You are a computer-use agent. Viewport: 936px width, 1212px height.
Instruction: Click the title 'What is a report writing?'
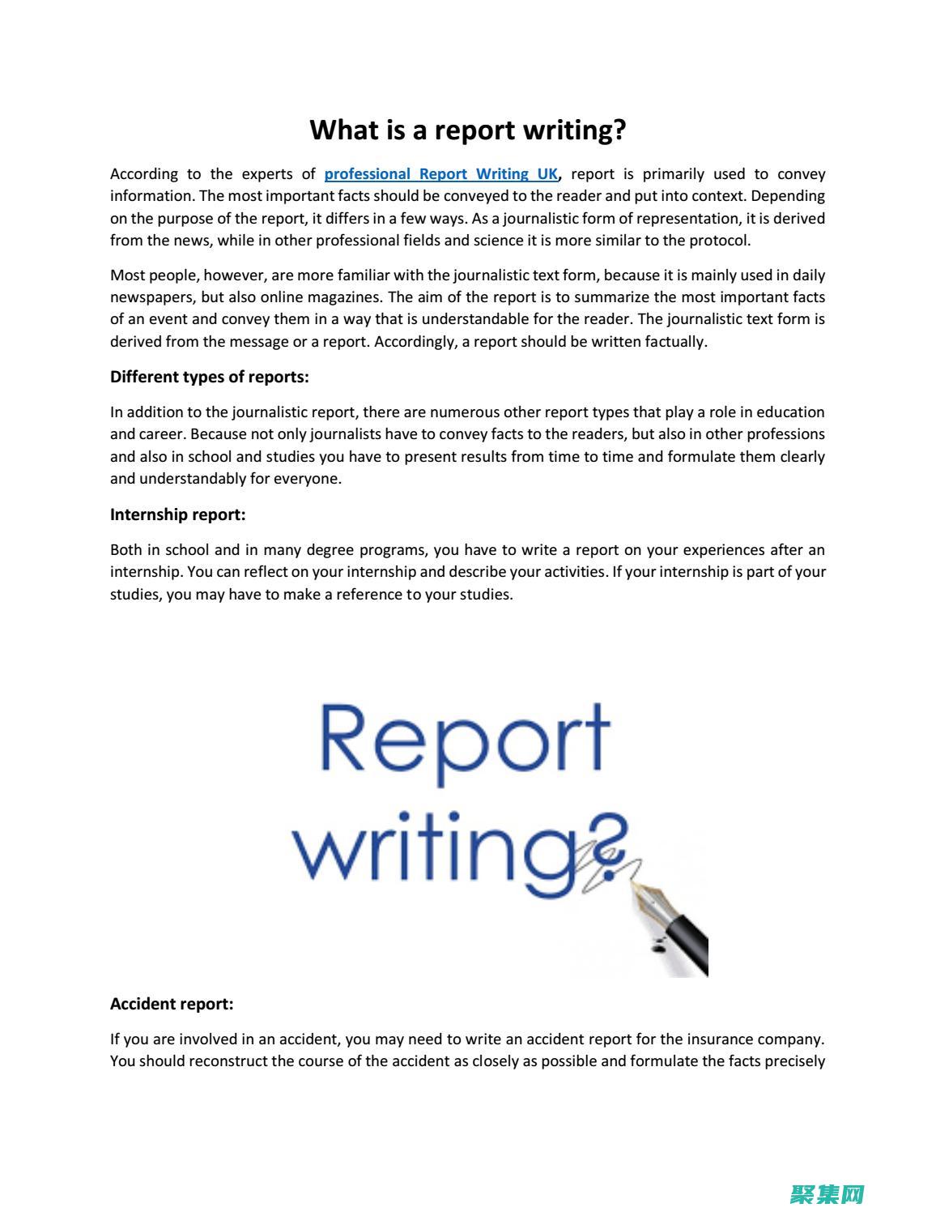467,130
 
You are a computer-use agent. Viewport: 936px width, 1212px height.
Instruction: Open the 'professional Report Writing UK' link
440,174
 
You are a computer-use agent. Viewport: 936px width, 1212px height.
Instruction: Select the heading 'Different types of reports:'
209,377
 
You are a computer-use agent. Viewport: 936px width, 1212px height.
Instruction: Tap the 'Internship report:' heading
177,514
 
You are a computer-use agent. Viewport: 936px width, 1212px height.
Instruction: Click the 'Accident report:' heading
172,1004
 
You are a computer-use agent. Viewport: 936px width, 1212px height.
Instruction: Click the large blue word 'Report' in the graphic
464,739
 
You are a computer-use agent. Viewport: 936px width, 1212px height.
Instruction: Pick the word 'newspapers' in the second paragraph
151,297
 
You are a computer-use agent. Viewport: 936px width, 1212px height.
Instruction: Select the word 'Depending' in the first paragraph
788,196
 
